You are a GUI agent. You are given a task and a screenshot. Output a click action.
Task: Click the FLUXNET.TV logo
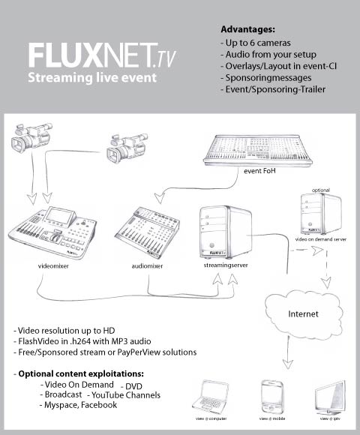[x=102, y=56]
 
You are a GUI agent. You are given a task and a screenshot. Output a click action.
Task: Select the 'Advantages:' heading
[x=247, y=29]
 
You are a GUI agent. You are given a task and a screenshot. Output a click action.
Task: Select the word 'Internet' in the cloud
[x=304, y=313]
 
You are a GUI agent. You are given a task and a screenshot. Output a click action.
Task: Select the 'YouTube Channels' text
[x=124, y=394]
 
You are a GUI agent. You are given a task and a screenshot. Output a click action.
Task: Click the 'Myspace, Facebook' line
[x=79, y=405]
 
